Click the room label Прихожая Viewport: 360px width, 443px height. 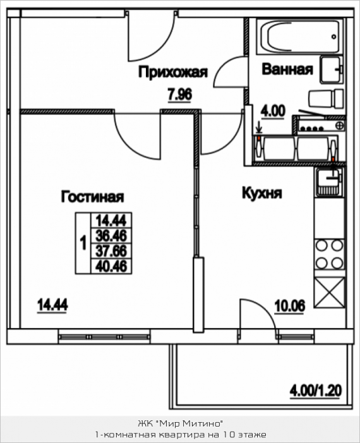click(173, 73)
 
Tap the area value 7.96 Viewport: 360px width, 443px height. click(180, 94)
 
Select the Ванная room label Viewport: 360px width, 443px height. click(287, 70)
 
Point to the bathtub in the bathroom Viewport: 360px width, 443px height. click(300, 37)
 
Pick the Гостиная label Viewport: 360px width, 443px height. click(92, 197)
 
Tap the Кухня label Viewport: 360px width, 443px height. click(262, 193)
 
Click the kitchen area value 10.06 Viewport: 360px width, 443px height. click(290, 306)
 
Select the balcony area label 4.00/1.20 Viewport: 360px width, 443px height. click(316, 391)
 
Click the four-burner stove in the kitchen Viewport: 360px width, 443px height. click(330, 255)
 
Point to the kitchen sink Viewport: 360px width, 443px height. click(330, 181)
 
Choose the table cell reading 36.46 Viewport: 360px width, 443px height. click(111, 236)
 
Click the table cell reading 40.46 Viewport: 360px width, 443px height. click(111, 266)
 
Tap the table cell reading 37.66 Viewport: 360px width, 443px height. click(111, 251)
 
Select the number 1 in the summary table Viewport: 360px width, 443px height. click(83, 243)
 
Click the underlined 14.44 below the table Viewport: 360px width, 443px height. click(52, 305)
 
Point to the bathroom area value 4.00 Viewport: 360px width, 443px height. click(273, 111)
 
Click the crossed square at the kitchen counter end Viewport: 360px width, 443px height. click(330, 293)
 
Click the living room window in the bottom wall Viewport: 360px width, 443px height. click(104, 337)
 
